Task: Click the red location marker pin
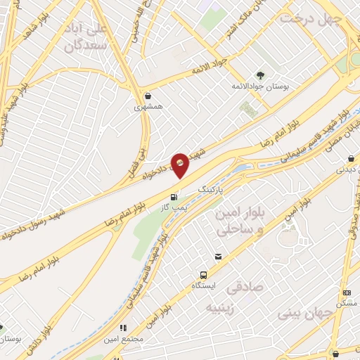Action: coord(180,165)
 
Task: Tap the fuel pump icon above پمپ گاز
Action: coord(173,196)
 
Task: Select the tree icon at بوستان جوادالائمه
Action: coord(261,75)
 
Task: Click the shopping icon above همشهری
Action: coord(148,96)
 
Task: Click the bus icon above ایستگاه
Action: coord(203,275)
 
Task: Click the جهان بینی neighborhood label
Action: coord(305,310)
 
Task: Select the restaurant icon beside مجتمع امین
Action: coord(124,328)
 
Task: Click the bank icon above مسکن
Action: coord(347,292)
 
